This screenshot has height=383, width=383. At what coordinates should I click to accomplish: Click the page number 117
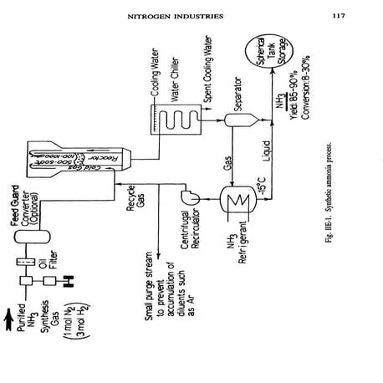(x=338, y=14)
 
